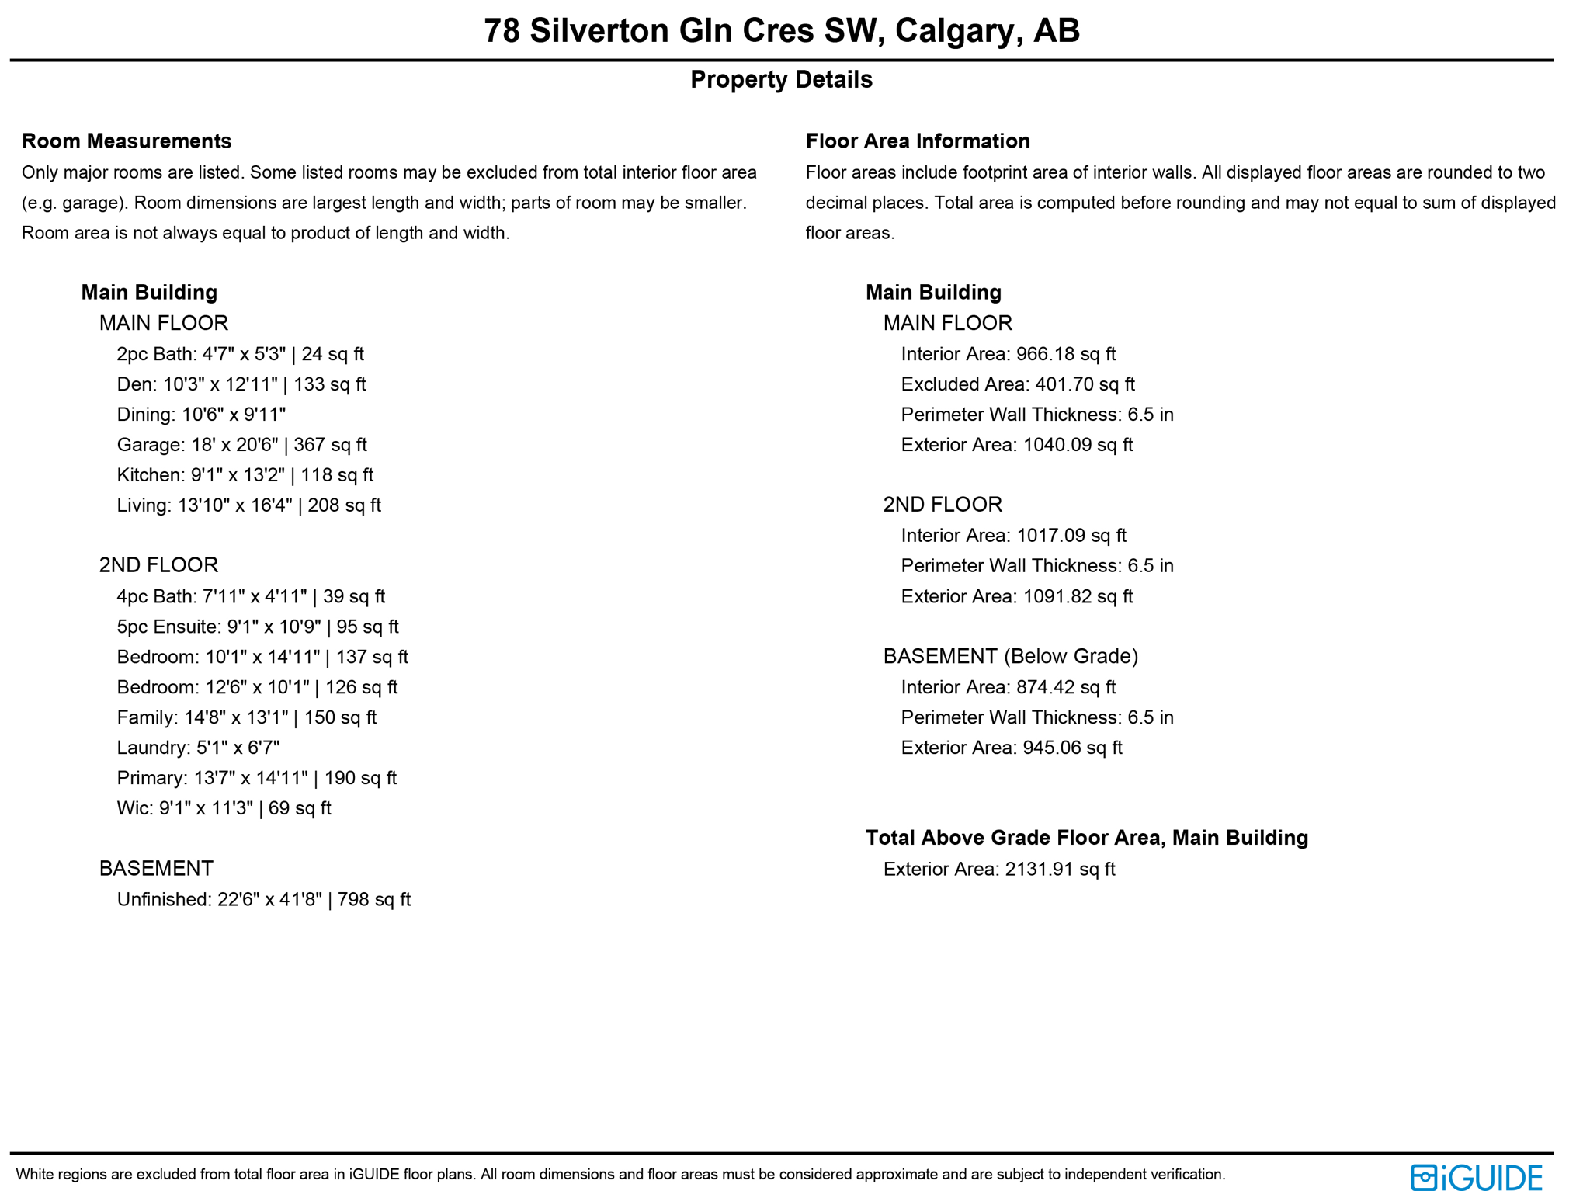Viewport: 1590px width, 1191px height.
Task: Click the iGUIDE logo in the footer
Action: tap(1475, 1177)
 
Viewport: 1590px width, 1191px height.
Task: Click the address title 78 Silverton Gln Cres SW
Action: tap(781, 31)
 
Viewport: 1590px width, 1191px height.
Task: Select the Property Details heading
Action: tap(781, 79)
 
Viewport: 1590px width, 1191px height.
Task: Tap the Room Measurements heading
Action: tap(127, 141)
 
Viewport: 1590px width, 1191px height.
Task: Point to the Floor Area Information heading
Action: tap(918, 141)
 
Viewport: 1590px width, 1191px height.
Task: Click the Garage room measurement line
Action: tap(241, 445)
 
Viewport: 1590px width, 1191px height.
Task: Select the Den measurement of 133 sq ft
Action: tap(241, 384)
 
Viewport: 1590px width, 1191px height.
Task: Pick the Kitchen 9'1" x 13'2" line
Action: tap(245, 475)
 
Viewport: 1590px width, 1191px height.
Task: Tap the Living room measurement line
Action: tap(248, 505)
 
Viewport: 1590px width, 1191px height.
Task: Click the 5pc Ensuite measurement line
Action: tap(258, 627)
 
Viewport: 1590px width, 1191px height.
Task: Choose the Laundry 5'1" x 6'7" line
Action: tap(198, 748)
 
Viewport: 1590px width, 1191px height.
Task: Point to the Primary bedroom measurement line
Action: tap(256, 778)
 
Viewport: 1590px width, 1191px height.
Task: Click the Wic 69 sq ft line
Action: tap(224, 808)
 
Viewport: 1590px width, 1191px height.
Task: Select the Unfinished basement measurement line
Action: tap(263, 899)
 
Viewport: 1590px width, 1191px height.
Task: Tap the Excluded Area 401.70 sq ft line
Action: tap(1017, 384)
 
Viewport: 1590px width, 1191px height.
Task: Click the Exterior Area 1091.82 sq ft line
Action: tap(1016, 596)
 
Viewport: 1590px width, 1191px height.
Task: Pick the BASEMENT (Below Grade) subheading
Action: tap(1010, 656)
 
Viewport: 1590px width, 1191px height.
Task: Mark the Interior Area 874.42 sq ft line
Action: tap(1008, 687)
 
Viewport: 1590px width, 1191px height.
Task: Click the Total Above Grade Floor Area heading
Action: tap(1086, 838)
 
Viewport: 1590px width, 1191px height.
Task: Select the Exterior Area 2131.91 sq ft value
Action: tap(998, 869)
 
